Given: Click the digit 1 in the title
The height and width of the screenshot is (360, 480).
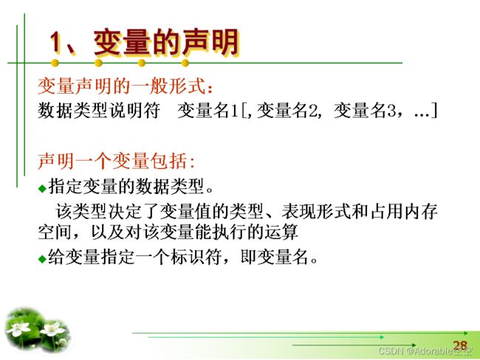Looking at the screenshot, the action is [x=57, y=42].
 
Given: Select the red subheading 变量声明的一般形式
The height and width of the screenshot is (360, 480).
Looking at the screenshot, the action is [x=122, y=86].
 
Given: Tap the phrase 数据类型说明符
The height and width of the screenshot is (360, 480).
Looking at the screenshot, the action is [x=99, y=111].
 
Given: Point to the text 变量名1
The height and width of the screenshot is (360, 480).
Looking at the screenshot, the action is [x=208, y=111].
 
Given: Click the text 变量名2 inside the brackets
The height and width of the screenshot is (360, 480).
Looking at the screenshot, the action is [x=287, y=111].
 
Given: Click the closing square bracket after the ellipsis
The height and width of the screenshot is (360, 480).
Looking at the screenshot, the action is [x=434, y=111].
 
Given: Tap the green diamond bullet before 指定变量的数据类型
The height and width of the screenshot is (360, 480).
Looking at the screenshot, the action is [x=42, y=188].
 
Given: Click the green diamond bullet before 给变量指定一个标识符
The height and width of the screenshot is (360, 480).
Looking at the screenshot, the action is [x=42, y=259].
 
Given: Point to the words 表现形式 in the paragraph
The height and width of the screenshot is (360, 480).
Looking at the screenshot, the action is [x=316, y=211].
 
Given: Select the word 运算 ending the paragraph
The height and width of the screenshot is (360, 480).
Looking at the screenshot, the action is [x=281, y=232].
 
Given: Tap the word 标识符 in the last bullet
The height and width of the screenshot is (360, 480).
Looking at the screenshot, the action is [x=196, y=257].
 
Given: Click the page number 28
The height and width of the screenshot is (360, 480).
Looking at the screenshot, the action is [x=460, y=346].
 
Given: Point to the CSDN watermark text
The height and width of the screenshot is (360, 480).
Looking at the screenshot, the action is [x=425, y=351].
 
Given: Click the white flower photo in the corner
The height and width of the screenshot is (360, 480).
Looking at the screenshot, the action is [x=38, y=330].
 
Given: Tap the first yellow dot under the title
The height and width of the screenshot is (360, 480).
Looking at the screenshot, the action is [x=55, y=63].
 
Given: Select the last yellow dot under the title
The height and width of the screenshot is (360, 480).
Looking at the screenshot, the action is [x=185, y=63].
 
